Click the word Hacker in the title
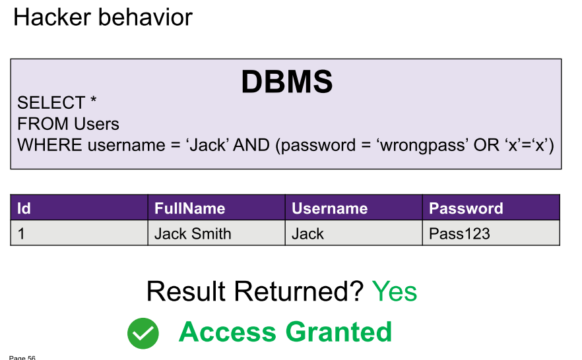(52, 17)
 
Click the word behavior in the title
(145, 17)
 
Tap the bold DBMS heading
(287, 82)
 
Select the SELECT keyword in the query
(51, 103)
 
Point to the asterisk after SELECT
(93, 100)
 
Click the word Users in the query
(96, 124)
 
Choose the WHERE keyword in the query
(49, 145)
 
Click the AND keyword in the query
(251, 145)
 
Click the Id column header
(79, 208)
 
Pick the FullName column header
(216, 208)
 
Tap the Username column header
(354, 208)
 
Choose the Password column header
(491, 208)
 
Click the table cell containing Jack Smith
(216, 233)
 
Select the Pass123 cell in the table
(491, 233)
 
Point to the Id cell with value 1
(79, 233)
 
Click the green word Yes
(395, 291)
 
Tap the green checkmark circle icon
(143, 334)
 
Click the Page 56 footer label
(22, 357)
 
